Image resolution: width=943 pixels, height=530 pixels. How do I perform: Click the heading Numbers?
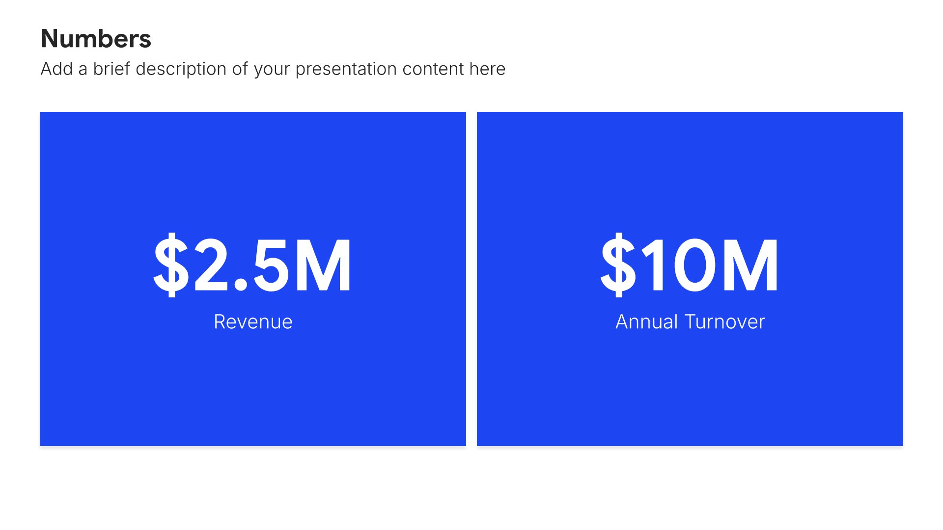[96, 39]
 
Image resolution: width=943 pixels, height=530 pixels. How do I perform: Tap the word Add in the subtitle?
[57, 69]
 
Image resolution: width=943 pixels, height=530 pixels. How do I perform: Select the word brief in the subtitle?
[112, 69]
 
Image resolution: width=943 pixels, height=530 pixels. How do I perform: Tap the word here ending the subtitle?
[487, 69]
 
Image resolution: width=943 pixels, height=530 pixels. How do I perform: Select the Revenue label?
[253, 322]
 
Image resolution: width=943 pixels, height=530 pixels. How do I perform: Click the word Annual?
[647, 321]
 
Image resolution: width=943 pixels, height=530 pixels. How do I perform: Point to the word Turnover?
[725, 322]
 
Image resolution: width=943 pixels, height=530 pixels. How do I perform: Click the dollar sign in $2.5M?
[171, 265]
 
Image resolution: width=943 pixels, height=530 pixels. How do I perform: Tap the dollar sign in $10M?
[618, 265]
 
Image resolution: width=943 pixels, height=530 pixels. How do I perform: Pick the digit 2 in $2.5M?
[213, 265]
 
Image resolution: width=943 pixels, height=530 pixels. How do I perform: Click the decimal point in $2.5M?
[241, 285]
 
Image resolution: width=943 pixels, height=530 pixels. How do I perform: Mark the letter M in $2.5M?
[323, 265]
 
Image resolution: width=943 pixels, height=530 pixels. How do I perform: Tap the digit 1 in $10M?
[655, 265]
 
